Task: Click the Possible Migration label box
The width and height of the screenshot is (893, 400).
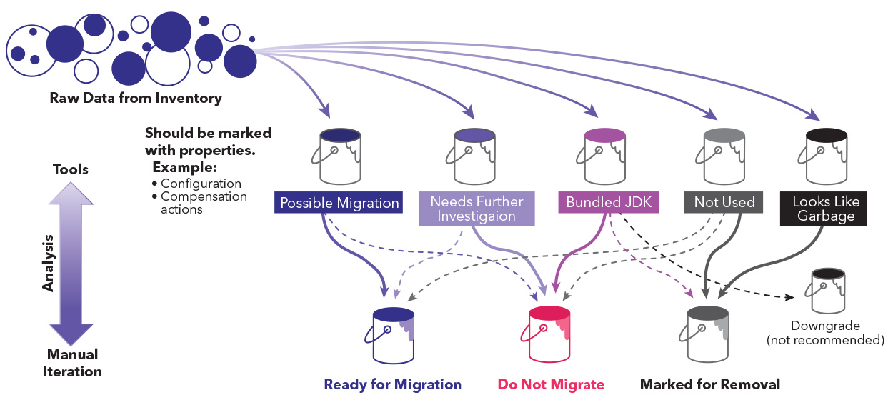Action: [339, 203]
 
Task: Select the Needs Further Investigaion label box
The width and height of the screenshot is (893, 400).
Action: [477, 209]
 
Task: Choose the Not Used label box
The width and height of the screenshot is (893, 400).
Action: [724, 202]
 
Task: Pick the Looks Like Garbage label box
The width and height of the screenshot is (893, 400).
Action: [826, 209]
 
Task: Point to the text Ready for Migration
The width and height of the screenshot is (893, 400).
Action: [392, 384]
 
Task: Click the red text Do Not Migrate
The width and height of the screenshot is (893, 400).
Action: [551, 384]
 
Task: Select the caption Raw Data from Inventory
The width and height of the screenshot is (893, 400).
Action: [136, 98]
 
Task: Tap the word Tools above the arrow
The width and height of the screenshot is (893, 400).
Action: [71, 169]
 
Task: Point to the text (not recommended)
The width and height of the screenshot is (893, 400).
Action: [825, 340]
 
